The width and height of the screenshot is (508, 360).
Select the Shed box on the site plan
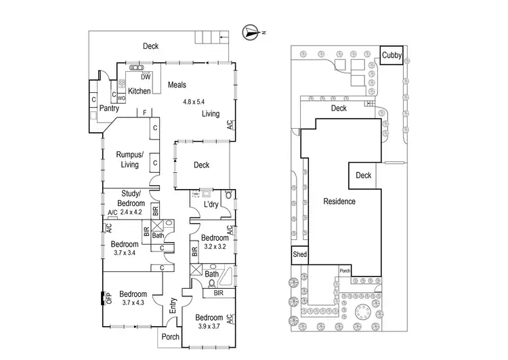pos(299,255)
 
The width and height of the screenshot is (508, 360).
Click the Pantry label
pos(109,108)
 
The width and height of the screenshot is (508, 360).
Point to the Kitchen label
pos(139,91)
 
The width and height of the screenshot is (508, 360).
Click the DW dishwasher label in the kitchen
pos(145,77)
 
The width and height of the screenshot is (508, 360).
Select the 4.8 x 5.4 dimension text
pos(197,102)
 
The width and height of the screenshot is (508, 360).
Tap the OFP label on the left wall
pos(108,298)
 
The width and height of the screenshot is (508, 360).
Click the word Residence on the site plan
pos(339,201)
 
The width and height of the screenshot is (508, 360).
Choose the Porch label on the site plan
pos(344,271)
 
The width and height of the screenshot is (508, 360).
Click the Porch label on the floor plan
pos(169,337)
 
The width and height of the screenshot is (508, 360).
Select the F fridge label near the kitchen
pos(145,112)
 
